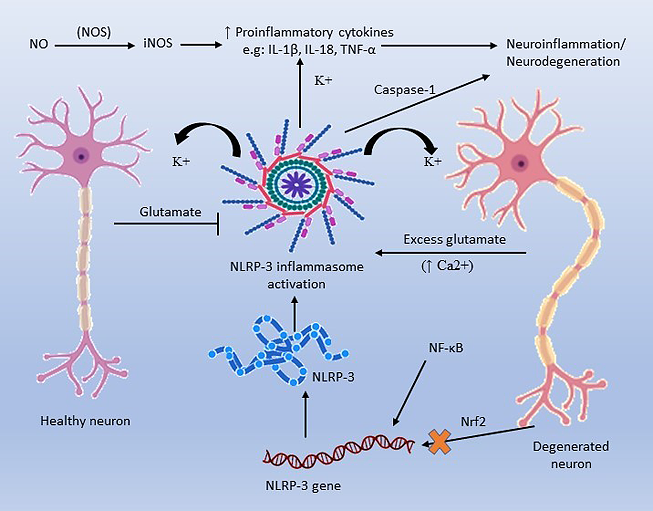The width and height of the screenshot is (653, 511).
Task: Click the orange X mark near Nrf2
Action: coord(440,442)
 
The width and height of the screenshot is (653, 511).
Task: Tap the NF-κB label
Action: coord(446,348)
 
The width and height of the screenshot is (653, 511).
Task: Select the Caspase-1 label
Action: coord(405,90)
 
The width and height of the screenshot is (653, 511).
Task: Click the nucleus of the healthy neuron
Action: coord(81,156)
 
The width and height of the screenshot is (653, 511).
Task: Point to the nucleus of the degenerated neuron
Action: coord(521,164)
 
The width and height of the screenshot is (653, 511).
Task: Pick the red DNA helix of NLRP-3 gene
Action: coord(339,451)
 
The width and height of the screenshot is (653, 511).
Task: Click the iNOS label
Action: coord(158,43)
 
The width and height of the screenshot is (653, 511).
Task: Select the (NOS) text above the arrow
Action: coord(94,32)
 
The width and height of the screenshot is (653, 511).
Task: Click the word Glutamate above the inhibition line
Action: coord(170,212)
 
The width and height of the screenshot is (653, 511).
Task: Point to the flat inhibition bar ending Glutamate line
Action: coord(218,224)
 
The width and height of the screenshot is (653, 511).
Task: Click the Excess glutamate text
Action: coord(454,239)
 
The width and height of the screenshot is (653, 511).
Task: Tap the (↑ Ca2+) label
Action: coord(448,265)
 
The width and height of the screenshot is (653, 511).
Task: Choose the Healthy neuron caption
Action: coord(85,421)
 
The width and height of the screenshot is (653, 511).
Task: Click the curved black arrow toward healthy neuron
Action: coord(210,136)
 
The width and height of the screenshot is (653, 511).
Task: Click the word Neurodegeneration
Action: coord(563,61)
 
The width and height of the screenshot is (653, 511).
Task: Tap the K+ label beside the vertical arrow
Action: coord(323,81)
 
